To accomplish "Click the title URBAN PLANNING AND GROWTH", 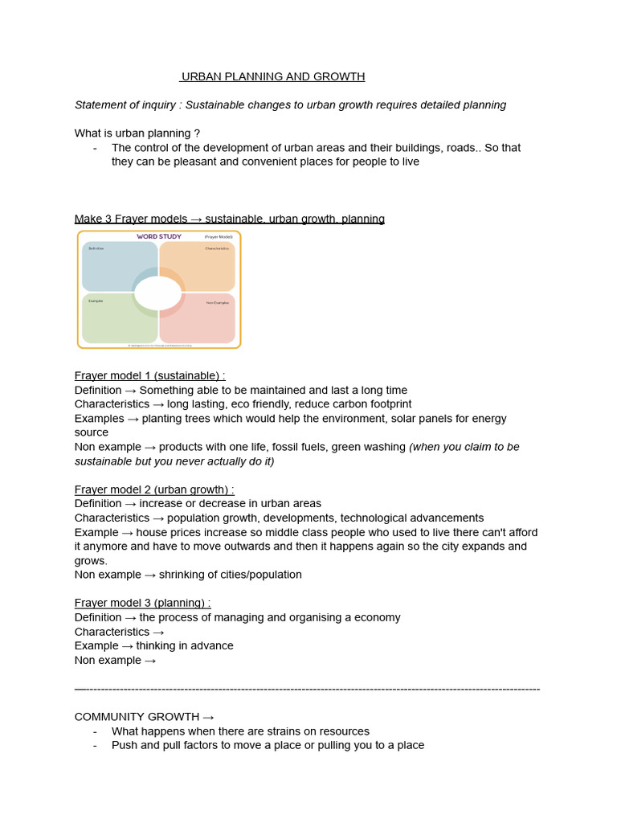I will point(272,76).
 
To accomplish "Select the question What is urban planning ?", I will point(137,133).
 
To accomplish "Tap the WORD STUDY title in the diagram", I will point(158,236).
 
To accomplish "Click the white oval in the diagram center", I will point(158,293).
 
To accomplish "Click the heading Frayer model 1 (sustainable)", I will point(149,375).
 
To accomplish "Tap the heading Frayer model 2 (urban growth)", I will point(154,489).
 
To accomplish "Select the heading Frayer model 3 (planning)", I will point(142,603).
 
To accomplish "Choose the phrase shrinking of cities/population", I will point(230,575).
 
